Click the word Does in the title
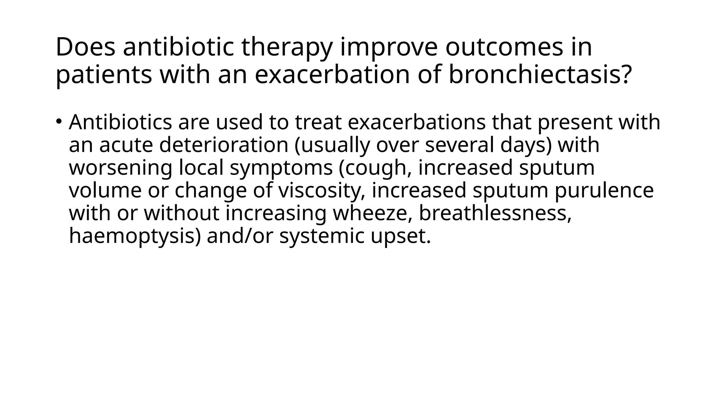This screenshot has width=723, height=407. (x=85, y=47)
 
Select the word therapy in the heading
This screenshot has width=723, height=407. (x=286, y=48)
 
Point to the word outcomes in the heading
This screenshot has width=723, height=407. (x=504, y=47)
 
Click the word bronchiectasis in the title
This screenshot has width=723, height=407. (x=539, y=75)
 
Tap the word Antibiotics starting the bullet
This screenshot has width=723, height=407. (x=120, y=122)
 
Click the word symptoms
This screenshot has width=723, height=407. (x=281, y=168)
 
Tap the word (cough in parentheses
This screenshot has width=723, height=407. (x=375, y=168)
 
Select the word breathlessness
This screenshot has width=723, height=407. (x=495, y=213)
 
